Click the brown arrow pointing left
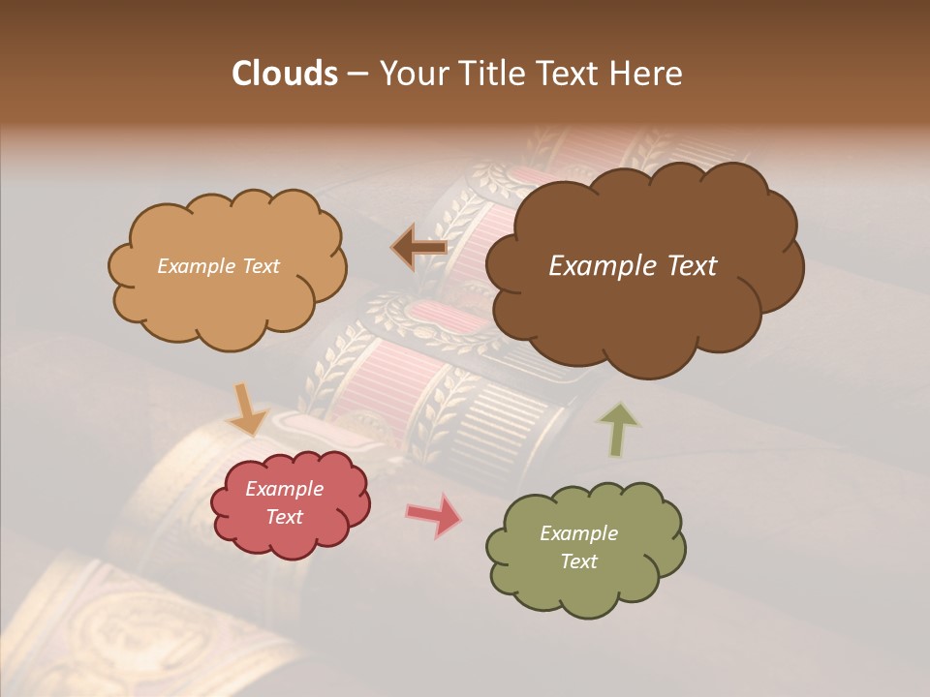click(419, 247)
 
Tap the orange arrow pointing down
click(250, 409)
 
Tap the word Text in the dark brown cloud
click(690, 265)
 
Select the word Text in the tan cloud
click(261, 265)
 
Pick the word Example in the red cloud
click(284, 489)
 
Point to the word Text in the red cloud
click(284, 517)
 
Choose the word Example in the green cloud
click(578, 533)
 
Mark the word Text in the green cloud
click(578, 561)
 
